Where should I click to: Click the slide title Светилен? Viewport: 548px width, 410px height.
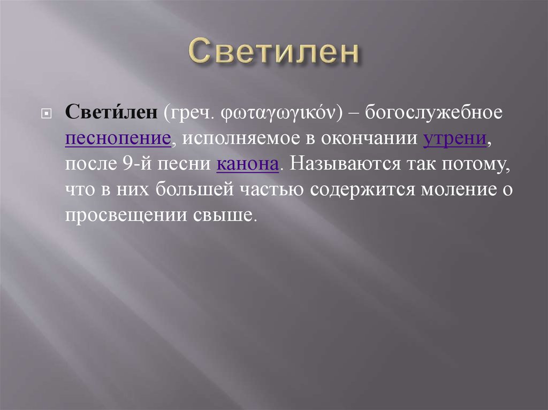(x=273, y=52)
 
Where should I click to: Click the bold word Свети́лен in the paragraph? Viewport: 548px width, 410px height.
(x=111, y=113)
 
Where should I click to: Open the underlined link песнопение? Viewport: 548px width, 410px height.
(x=118, y=139)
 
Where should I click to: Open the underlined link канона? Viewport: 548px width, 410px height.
(x=248, y=164)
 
